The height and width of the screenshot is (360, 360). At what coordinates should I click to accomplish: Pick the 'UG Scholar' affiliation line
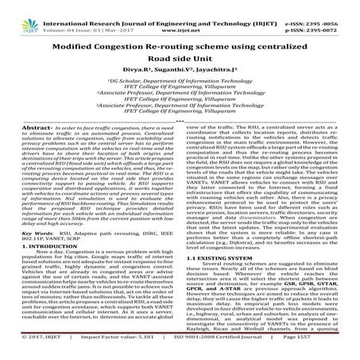[x=180, y=93]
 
